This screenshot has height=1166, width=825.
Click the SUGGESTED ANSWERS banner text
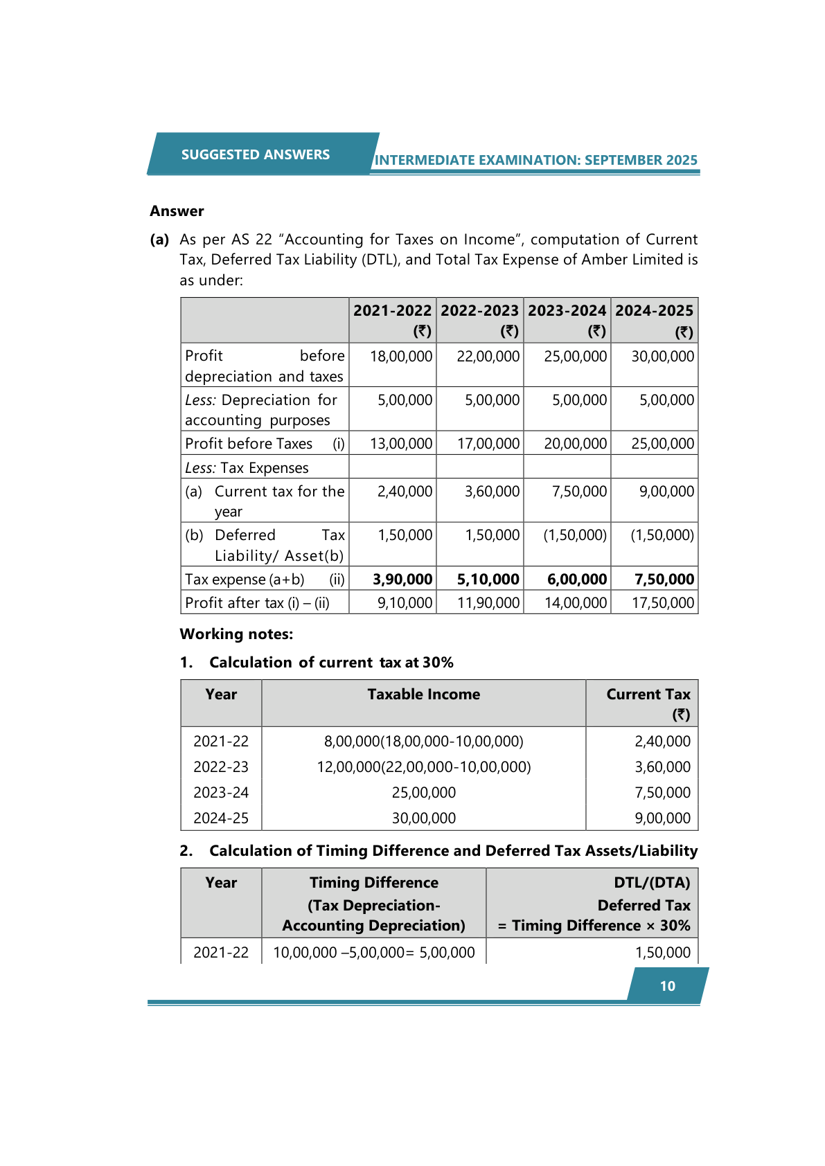(255, 154)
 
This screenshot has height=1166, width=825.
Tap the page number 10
(667, 986)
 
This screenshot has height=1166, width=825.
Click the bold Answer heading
(177, 211)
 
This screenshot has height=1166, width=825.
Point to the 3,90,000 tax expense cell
(402, 580)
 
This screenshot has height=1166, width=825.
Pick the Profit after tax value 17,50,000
(662, 603)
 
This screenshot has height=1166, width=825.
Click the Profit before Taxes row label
(249, 444)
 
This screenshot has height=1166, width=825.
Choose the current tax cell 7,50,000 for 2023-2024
(579, 492)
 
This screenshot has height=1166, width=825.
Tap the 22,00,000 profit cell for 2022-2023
(488, 357)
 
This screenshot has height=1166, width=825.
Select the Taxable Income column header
(423, 694)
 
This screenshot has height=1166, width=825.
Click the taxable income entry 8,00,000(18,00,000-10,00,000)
(423, 742)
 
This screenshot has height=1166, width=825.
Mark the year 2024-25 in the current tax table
(221, 818)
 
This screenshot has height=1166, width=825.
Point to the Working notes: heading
(236, 634)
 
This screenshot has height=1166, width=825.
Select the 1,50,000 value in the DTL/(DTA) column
(662, 953)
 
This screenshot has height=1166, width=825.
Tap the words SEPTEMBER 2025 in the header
(641, 160)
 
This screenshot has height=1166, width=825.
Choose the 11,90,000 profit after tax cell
(488, 603)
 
